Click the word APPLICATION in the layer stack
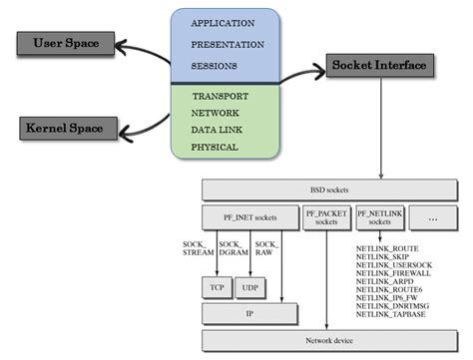coord(222,22)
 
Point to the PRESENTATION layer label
coord(227,44)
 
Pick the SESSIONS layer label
coord(214,67)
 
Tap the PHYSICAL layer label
coord(215,148)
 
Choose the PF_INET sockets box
coord(248,217)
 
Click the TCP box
coord(217,287)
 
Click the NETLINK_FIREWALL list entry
coord(392,271)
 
